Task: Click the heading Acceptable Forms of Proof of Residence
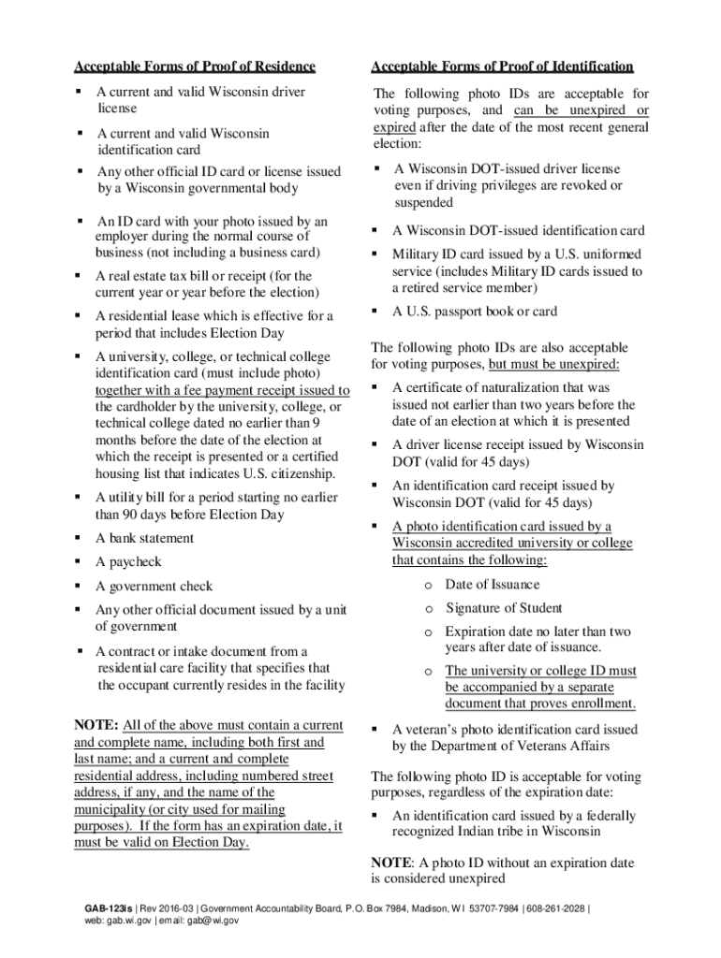[x=195, y=66]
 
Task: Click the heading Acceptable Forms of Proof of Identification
[x=502, y=66]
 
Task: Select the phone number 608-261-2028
[x=556, y=908]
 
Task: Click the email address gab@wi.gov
[x=213, y=921]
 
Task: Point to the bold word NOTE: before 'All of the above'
[x=96, y=725]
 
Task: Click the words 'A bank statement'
[x=145, y=538]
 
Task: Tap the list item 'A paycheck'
[x=128, y=562]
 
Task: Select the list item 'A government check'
[x=154, y=587]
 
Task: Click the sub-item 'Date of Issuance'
[x=493, y=585]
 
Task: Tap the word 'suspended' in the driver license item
[x=424, y=202]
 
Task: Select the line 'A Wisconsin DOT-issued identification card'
[x=519, y=231]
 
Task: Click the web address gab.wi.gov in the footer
[x=136, y=921]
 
